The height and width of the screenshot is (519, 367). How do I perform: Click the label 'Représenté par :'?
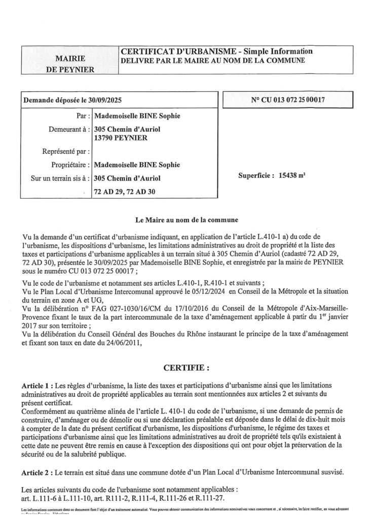click(x=67, y=151)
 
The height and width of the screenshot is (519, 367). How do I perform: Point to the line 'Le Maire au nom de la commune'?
click(x=183, y=220)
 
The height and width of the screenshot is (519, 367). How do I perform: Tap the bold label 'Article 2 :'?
click(x=41, y=472)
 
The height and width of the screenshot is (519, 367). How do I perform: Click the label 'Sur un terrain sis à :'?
click(x=58, y=178)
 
